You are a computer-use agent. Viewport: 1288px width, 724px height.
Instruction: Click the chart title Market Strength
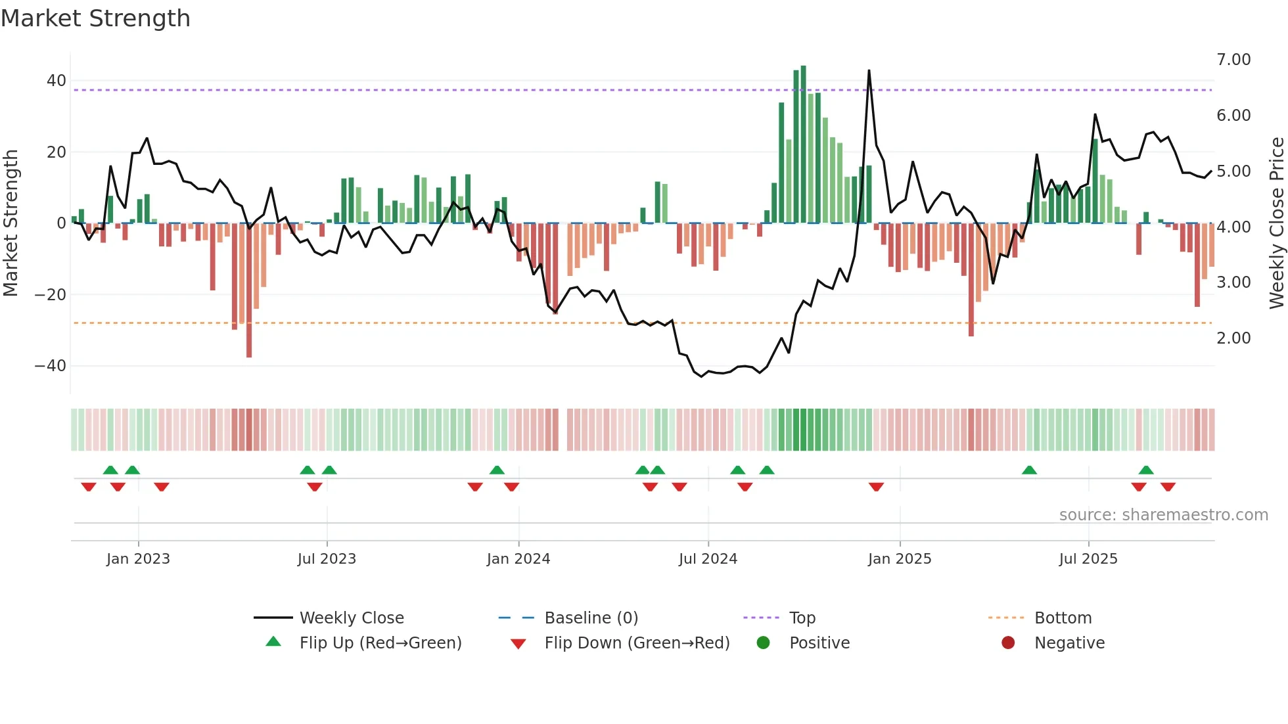click(x=95, y=18)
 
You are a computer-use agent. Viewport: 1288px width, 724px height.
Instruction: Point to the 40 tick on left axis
click(x=57, y=81)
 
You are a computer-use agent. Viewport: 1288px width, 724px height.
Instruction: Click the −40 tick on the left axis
click(x=51, y=366)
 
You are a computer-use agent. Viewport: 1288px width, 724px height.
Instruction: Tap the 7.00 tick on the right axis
click(x=1233, y=60)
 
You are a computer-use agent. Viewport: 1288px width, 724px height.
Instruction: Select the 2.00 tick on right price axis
click(x=1233, y=338)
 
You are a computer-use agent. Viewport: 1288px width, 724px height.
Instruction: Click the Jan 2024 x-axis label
click(x=518, y=559)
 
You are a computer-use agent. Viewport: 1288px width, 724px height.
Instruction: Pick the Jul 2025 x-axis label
click(x=1088, y=559)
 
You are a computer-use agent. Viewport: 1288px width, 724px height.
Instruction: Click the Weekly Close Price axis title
click(x=1276, y=223)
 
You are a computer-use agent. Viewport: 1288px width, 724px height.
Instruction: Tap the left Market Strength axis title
click(x=11, y=223)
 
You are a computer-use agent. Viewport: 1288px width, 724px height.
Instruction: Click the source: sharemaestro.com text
click(x=1163, y=515)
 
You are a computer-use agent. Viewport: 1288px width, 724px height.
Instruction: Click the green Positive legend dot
click(x=763, y=643)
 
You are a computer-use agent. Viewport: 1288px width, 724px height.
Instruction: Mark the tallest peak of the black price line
click(x=869, y=71)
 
